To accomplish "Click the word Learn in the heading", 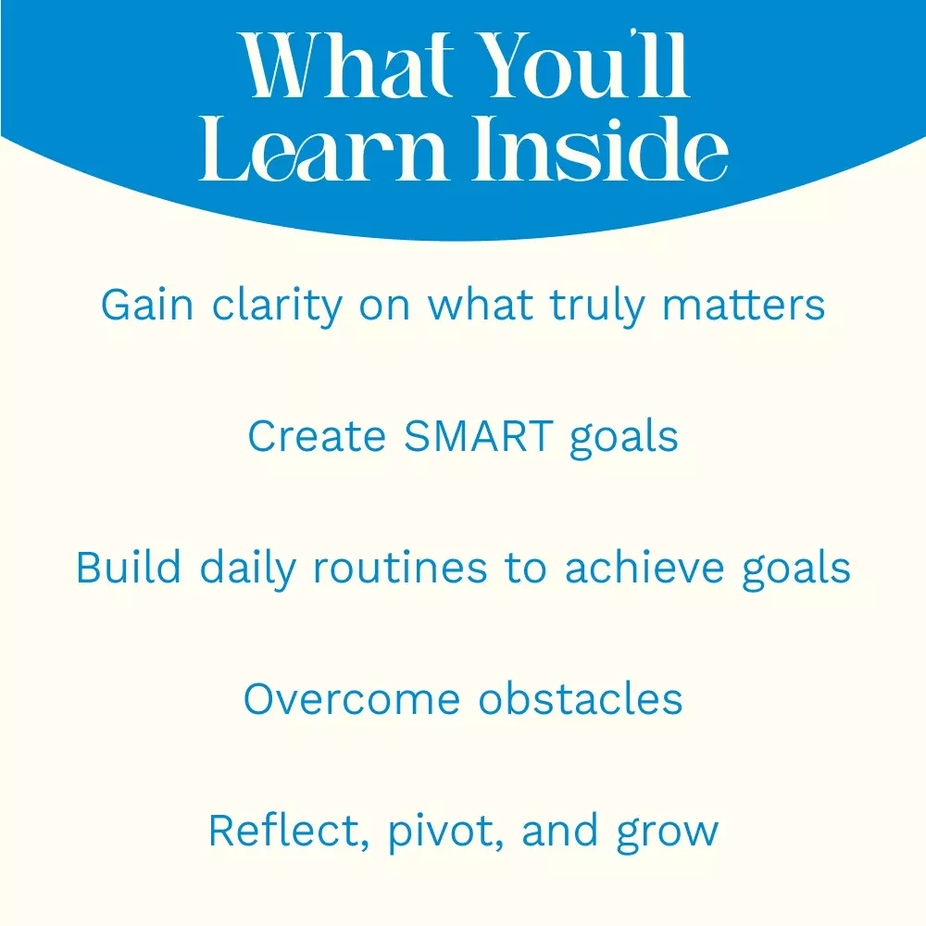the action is point(322,147).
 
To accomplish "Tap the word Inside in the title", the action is point(601,146).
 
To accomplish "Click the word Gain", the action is point(147,306).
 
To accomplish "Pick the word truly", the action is point(597,307).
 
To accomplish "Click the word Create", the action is point(317,437).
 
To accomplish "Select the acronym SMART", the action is point(479,436).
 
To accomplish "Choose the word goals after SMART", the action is point(624,439).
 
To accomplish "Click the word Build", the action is point(128,567).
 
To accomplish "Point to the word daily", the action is point(247,569).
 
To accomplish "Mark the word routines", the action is point(400,568).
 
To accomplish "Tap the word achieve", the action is point(644,567).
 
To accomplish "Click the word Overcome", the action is point(352,699).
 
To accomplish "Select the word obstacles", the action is point(580,698).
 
